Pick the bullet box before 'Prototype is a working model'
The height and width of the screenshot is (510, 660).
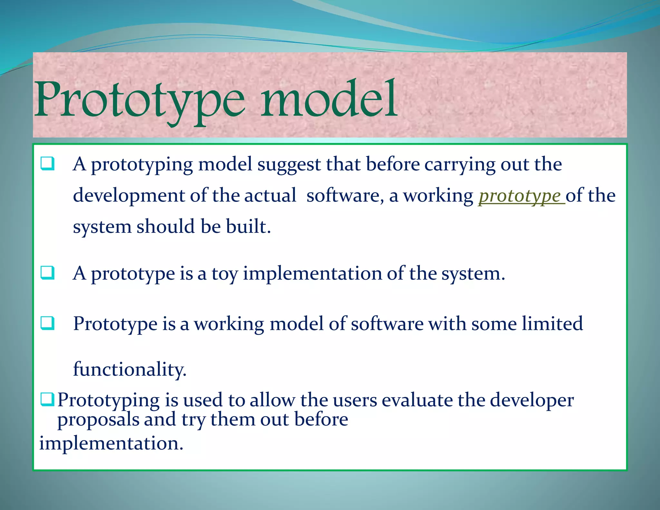(x=47, y=323)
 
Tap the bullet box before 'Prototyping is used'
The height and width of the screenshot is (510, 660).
(x=47, y=399)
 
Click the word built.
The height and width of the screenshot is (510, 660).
(x=248, y=226)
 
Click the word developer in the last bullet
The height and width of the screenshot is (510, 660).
(x=532, y=400)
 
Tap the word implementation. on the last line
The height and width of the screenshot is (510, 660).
(x=111, y=443)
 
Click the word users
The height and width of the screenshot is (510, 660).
(x=355, y=400)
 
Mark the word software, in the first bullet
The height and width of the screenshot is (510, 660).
(x=345, y=196)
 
